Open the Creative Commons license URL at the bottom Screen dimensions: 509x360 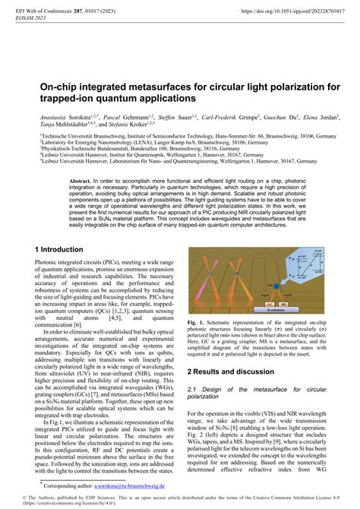(x=46, y=502)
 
